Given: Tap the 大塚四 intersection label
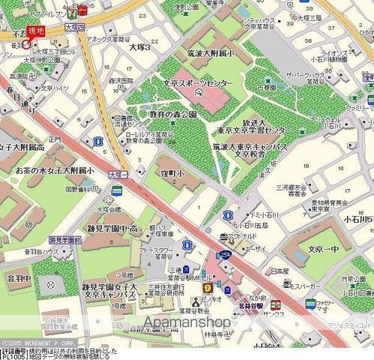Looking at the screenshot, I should click(x=73, y=26).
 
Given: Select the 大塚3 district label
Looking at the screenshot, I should click(x=139, y=46).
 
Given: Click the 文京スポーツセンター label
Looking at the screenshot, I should click(x=198, y=82).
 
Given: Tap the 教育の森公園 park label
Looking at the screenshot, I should click(x=172, y=114).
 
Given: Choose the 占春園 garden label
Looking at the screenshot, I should click(x=268, y=88).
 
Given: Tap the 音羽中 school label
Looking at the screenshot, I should click(x=18, y=278).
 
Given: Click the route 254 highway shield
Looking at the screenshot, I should click(x=225, y=256).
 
